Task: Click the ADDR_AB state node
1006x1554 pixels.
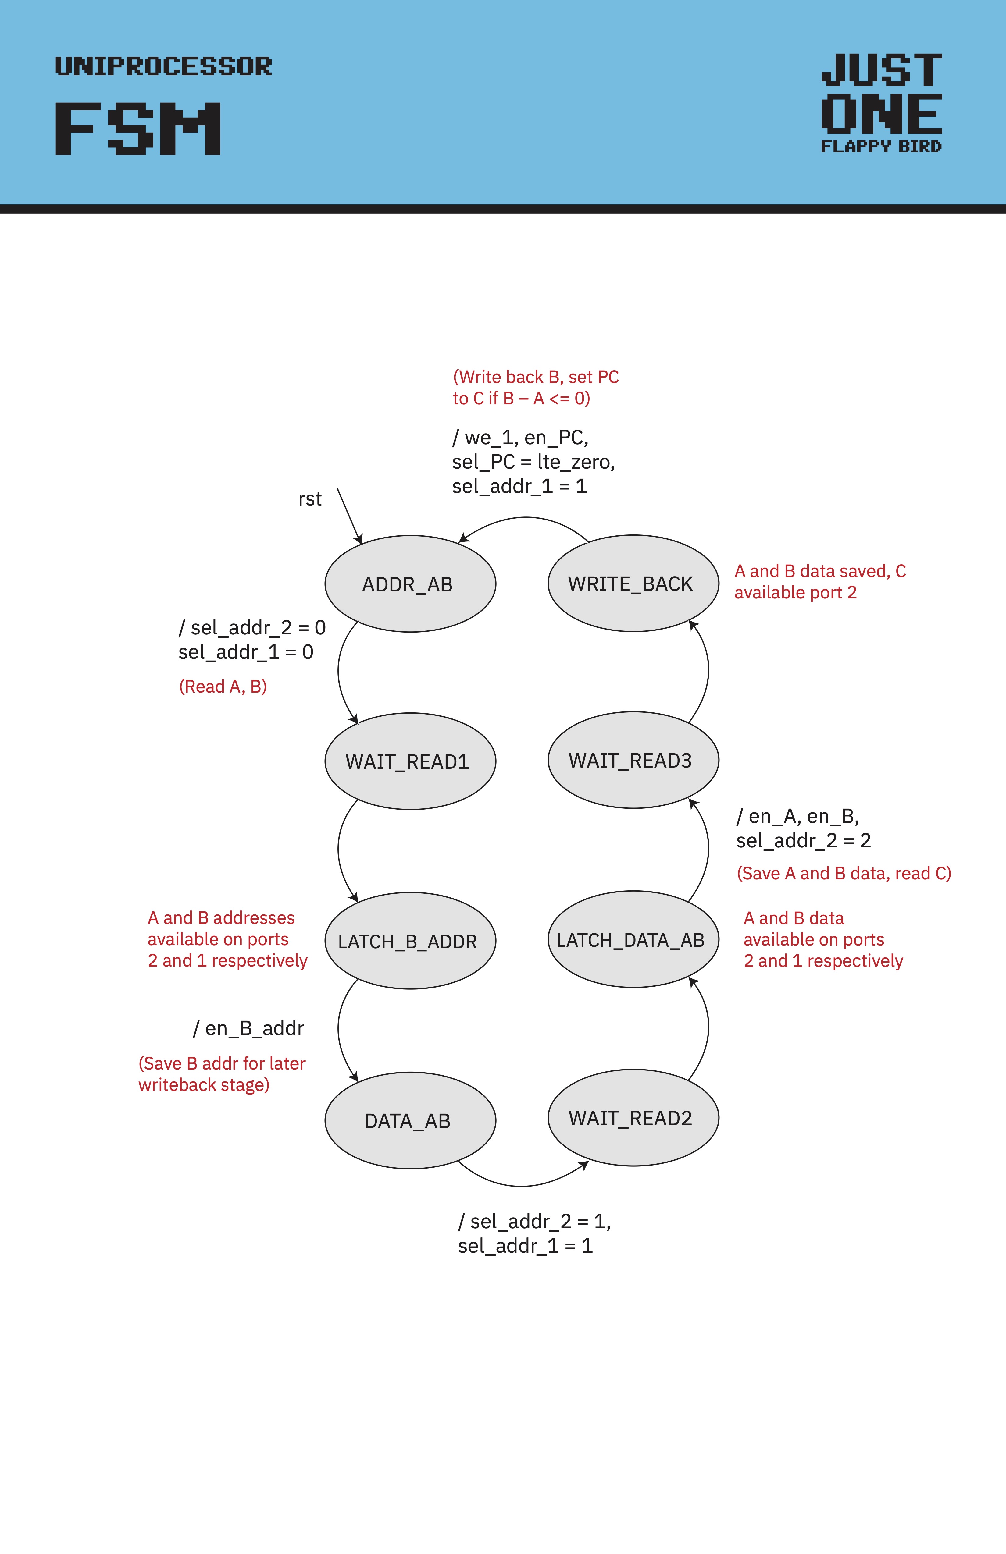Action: pos(410,584)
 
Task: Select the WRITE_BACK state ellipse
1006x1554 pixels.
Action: pos(633,583)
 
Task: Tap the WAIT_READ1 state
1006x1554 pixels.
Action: pos(410,761)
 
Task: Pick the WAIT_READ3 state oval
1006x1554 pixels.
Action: pos(633,760)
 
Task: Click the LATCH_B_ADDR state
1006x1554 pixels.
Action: pos(410,941)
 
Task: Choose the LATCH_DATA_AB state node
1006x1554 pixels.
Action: pos(633,940)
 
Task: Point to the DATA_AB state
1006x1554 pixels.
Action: pos(410,1120)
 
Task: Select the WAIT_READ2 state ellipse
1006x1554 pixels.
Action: pos(633,1118)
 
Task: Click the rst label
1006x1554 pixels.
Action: pos(310,499)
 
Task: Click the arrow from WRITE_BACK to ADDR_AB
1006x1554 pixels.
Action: pos(526,518)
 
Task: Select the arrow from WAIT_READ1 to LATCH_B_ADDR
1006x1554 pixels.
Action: pos(338,849)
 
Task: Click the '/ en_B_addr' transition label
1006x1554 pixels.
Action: pos(249,1028)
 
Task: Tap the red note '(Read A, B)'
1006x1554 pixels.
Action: pos(223,686)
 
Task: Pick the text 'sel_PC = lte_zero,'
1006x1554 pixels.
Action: pos(533,462)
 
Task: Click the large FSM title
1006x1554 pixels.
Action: pos(138,129)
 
